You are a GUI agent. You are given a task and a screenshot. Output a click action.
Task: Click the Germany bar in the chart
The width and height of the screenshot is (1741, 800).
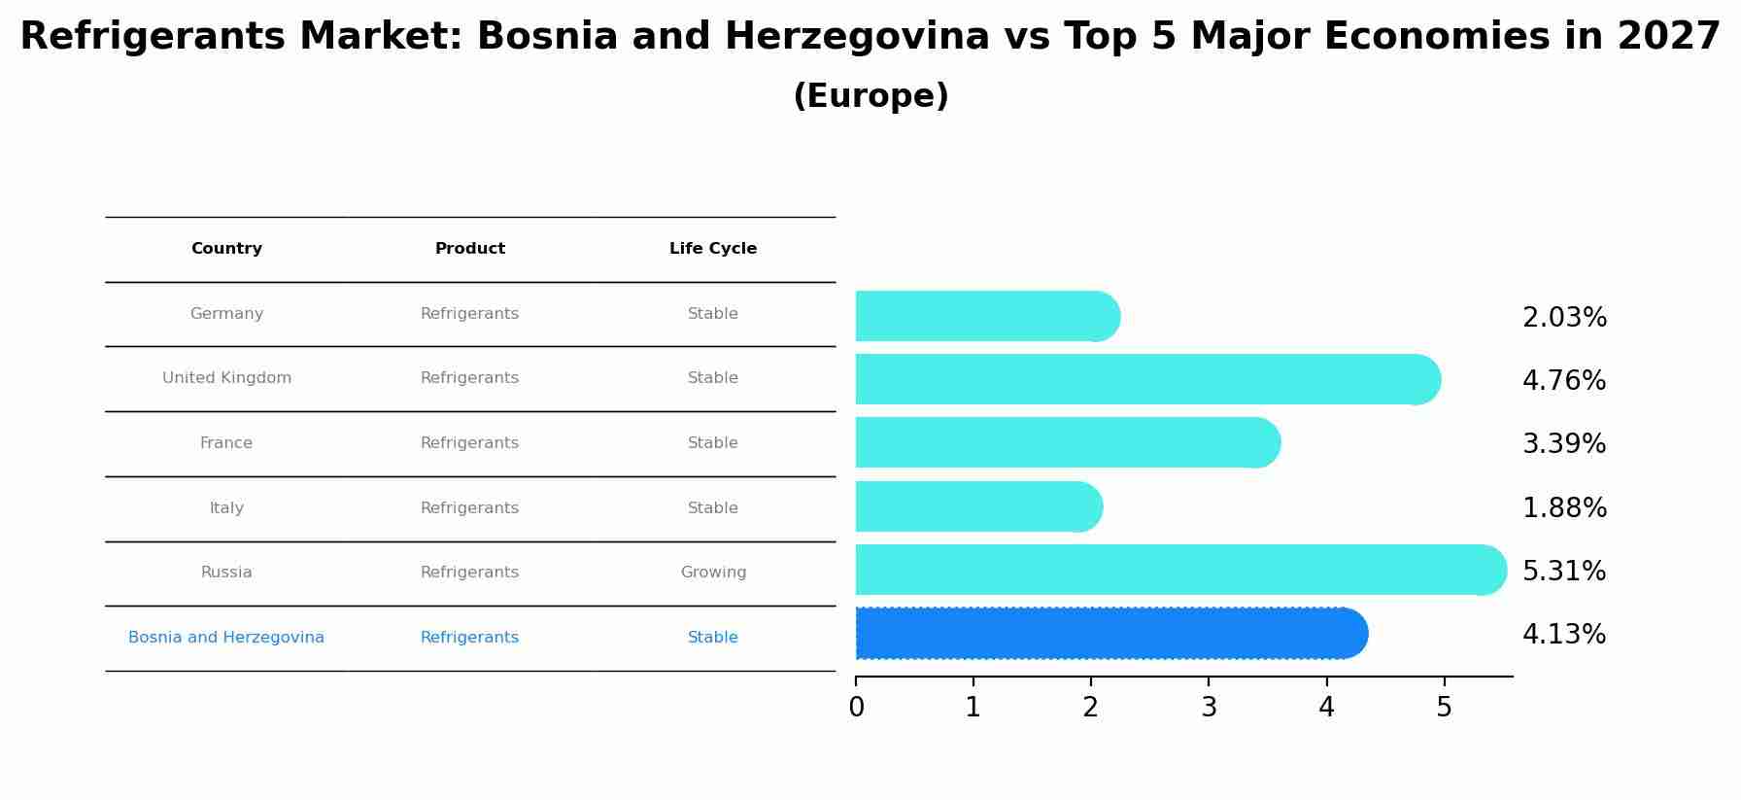coord(986,316)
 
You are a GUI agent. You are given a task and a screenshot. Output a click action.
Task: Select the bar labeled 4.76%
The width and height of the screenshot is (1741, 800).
coord(1146,379)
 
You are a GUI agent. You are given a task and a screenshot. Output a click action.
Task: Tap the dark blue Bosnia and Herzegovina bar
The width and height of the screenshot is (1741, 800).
coord(1110,634)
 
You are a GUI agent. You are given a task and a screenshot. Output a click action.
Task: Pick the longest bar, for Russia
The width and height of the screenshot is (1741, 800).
coord(1179,570)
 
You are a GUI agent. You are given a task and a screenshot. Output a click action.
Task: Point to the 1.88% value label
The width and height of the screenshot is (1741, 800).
coord(1564,508)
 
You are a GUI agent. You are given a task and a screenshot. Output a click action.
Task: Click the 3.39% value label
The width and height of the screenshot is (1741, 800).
coord(1564,444)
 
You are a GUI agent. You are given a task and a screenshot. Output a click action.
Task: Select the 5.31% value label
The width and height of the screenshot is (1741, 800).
coord(1564,572)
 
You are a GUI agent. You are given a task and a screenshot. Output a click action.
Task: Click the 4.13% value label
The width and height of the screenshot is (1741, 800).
coord(1564,635)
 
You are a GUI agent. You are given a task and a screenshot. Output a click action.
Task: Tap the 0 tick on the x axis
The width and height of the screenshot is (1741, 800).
coord(856,708)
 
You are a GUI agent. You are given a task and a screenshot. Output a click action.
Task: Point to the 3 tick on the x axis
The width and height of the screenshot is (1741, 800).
coord(1209,708)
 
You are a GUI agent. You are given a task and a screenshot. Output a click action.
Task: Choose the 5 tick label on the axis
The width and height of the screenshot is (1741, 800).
coord(1444,708)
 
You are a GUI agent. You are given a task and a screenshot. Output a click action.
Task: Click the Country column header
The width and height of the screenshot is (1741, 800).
coord(226,249)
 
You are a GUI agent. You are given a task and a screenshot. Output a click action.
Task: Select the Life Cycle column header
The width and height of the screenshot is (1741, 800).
coord(713,249)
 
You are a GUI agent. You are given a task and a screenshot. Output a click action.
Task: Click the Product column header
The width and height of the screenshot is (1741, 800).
coord(470,249)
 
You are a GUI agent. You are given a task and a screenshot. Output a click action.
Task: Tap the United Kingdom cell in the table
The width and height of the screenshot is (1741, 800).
coord(226,378)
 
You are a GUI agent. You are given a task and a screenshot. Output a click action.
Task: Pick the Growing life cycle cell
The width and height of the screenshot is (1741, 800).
coord(713,573)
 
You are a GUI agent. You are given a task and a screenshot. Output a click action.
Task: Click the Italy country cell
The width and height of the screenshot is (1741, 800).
coord(226,508)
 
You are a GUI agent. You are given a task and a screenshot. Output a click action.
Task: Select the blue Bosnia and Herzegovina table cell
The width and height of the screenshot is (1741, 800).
coord(226,638)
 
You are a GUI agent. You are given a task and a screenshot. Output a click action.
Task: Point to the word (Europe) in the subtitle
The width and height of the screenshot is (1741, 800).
coord(870,96)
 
